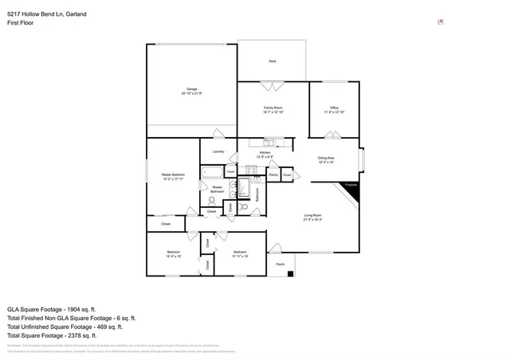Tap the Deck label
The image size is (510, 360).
coord(272,61)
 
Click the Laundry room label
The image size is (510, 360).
coord(218,151)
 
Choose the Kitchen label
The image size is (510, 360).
coord(265,154)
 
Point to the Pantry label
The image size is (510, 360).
coord(273,174)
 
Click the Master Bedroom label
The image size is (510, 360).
coord(173,176)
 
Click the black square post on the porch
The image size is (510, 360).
coord(291,275)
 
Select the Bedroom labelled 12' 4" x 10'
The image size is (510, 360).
coord(173,254)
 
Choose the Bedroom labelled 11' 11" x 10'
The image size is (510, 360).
coord(240,254)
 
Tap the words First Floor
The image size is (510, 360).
coord(21,23)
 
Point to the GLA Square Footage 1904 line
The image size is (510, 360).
coord(52,308)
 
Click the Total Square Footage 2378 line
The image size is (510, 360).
coord(51,335)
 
